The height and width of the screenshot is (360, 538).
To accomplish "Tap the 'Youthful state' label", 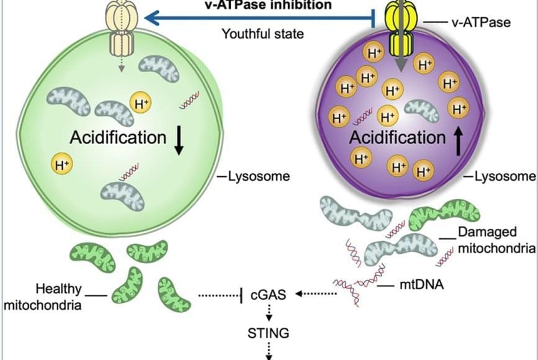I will tap(263, 34).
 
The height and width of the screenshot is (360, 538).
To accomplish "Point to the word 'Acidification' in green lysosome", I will tap(118, 137).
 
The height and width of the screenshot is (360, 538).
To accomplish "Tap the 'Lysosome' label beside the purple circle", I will tap(504, 177).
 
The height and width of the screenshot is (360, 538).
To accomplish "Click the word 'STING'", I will tap(268, 333).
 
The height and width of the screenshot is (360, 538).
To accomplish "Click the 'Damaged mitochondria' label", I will tap(496, 241).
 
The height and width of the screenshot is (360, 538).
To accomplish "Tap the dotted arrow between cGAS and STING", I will tap(269, 313).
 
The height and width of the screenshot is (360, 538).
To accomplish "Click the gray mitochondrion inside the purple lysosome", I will tap(425, 110).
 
